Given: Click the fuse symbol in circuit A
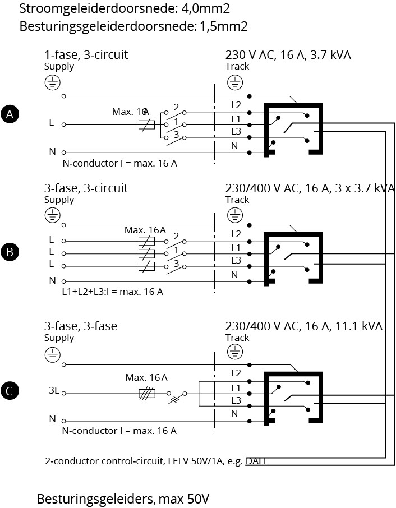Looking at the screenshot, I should (x=147, y=124).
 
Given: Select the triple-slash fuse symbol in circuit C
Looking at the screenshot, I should (x=147, y=393).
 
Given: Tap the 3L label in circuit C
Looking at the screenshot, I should (x=53, y=391).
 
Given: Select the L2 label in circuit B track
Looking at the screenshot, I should (x=236, y=234).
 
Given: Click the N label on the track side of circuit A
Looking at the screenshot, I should (x=234, y=146).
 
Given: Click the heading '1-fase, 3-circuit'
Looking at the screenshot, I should (x=86, y=54).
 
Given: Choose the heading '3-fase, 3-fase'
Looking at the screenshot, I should (x=81, y=326).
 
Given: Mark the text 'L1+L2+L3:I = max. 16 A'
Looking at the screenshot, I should (x=113, y=292).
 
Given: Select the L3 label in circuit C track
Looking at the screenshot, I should (x=236, y=400).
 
